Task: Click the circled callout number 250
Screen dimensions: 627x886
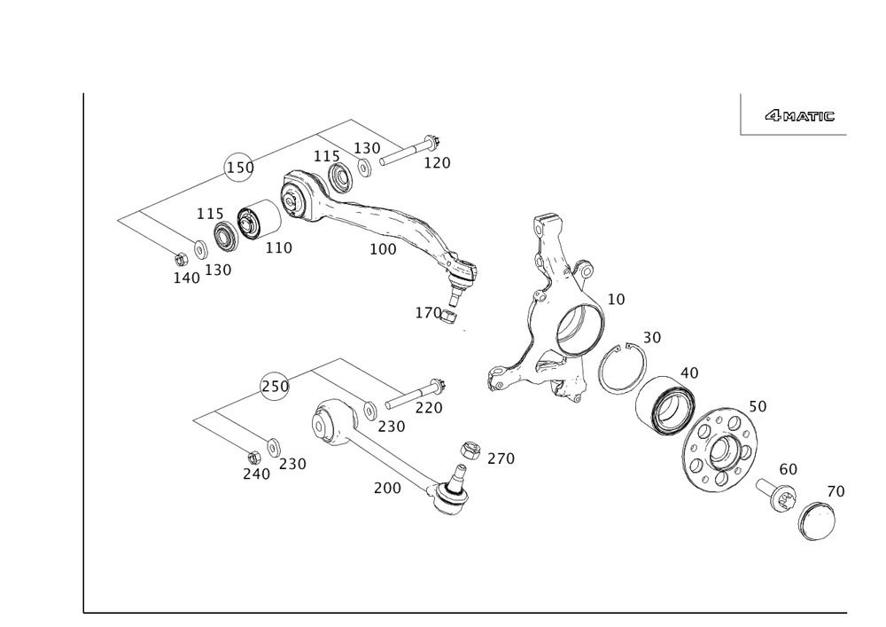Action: point(276,387)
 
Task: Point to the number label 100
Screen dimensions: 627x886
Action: point(384,249)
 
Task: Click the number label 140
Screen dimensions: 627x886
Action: point(185,278)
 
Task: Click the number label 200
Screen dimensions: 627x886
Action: point(388,487)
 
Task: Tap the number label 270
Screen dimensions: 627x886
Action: point(501,458)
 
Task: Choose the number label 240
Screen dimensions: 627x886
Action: point(255,475)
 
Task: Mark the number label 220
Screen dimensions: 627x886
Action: point(429,407)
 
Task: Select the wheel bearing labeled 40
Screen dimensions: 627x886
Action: point(670,405)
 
